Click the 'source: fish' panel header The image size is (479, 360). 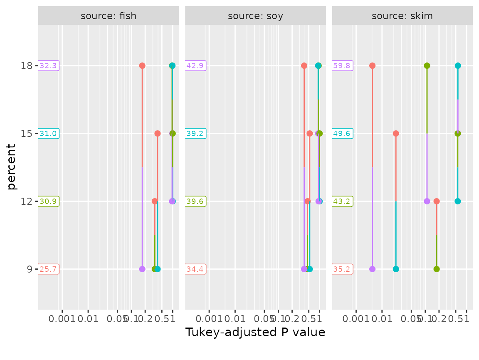[109, 16]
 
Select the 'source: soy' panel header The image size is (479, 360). [255, 16]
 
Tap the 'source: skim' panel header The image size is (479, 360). [402, 16]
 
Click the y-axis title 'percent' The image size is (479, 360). [12, 166]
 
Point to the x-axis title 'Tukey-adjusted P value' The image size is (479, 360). [255, 333]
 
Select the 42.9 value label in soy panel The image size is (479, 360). [196, 66]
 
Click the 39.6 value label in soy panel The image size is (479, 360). [196, 201]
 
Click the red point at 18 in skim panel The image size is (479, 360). [372, 66]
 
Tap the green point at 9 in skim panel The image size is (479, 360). [436, 269]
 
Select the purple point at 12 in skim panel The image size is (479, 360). [427, 201]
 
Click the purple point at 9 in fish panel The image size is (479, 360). [142, 269]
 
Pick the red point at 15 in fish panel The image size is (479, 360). [158, 134]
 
